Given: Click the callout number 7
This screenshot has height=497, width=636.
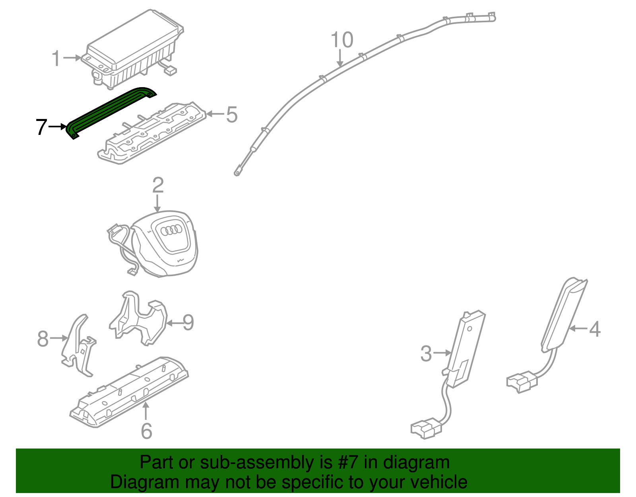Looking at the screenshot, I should pos(41,127).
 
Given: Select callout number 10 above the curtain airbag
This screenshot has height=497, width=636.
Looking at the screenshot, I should pos(342,40).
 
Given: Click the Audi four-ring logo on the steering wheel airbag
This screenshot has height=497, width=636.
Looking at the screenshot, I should pos(171,230).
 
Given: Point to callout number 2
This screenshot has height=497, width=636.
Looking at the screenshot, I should pos(158,186).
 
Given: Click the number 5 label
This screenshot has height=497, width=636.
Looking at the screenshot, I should pos(232,115).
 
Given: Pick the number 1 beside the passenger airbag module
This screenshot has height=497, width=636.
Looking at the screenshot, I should pos(56,58).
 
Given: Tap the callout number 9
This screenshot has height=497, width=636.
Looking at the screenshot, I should pos(188,323).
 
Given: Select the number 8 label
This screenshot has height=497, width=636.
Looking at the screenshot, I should pos(43,339).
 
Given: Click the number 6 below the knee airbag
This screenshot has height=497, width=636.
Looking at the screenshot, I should pos(146,431).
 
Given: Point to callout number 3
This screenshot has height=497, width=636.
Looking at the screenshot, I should pos(426,354).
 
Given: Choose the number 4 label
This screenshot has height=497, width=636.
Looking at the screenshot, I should pos(594,329).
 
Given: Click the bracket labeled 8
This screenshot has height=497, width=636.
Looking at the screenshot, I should pos(79,346).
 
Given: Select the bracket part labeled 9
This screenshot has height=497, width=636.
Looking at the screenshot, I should pos(139,318).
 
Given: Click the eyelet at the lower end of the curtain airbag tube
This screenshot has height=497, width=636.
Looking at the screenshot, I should pos(237,173).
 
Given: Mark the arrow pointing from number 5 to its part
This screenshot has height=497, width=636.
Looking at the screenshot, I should pos(215,115).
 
